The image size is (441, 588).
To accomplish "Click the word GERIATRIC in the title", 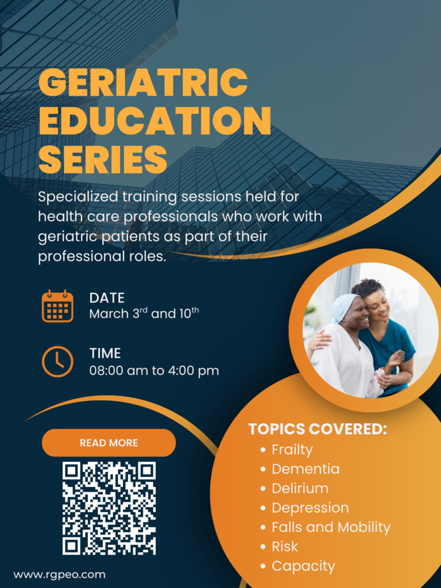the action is point(143,82).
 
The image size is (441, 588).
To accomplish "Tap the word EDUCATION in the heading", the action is point(155,121).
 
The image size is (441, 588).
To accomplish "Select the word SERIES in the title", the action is point(103,159).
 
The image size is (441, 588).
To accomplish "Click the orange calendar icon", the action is point(57,305).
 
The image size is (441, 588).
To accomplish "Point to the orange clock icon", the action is point(57,362).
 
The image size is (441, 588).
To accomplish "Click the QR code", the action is point(109,508).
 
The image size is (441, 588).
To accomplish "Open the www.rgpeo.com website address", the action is point(59,574).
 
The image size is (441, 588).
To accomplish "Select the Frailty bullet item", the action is point(292,450).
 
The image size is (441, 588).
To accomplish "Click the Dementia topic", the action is point(305,469).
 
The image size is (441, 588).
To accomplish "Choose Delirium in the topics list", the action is point(300,488).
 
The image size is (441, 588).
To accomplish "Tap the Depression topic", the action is point(310,508).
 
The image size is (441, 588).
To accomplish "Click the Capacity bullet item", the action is point(303,566).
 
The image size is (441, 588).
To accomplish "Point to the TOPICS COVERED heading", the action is point(318,430).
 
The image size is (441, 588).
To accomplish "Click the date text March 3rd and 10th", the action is point(144,314).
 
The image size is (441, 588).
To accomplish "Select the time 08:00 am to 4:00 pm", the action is point(154,370).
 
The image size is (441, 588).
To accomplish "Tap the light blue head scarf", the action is point(344,307).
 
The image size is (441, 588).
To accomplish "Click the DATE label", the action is point(107,298).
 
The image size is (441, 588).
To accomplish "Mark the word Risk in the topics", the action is point(285,547).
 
